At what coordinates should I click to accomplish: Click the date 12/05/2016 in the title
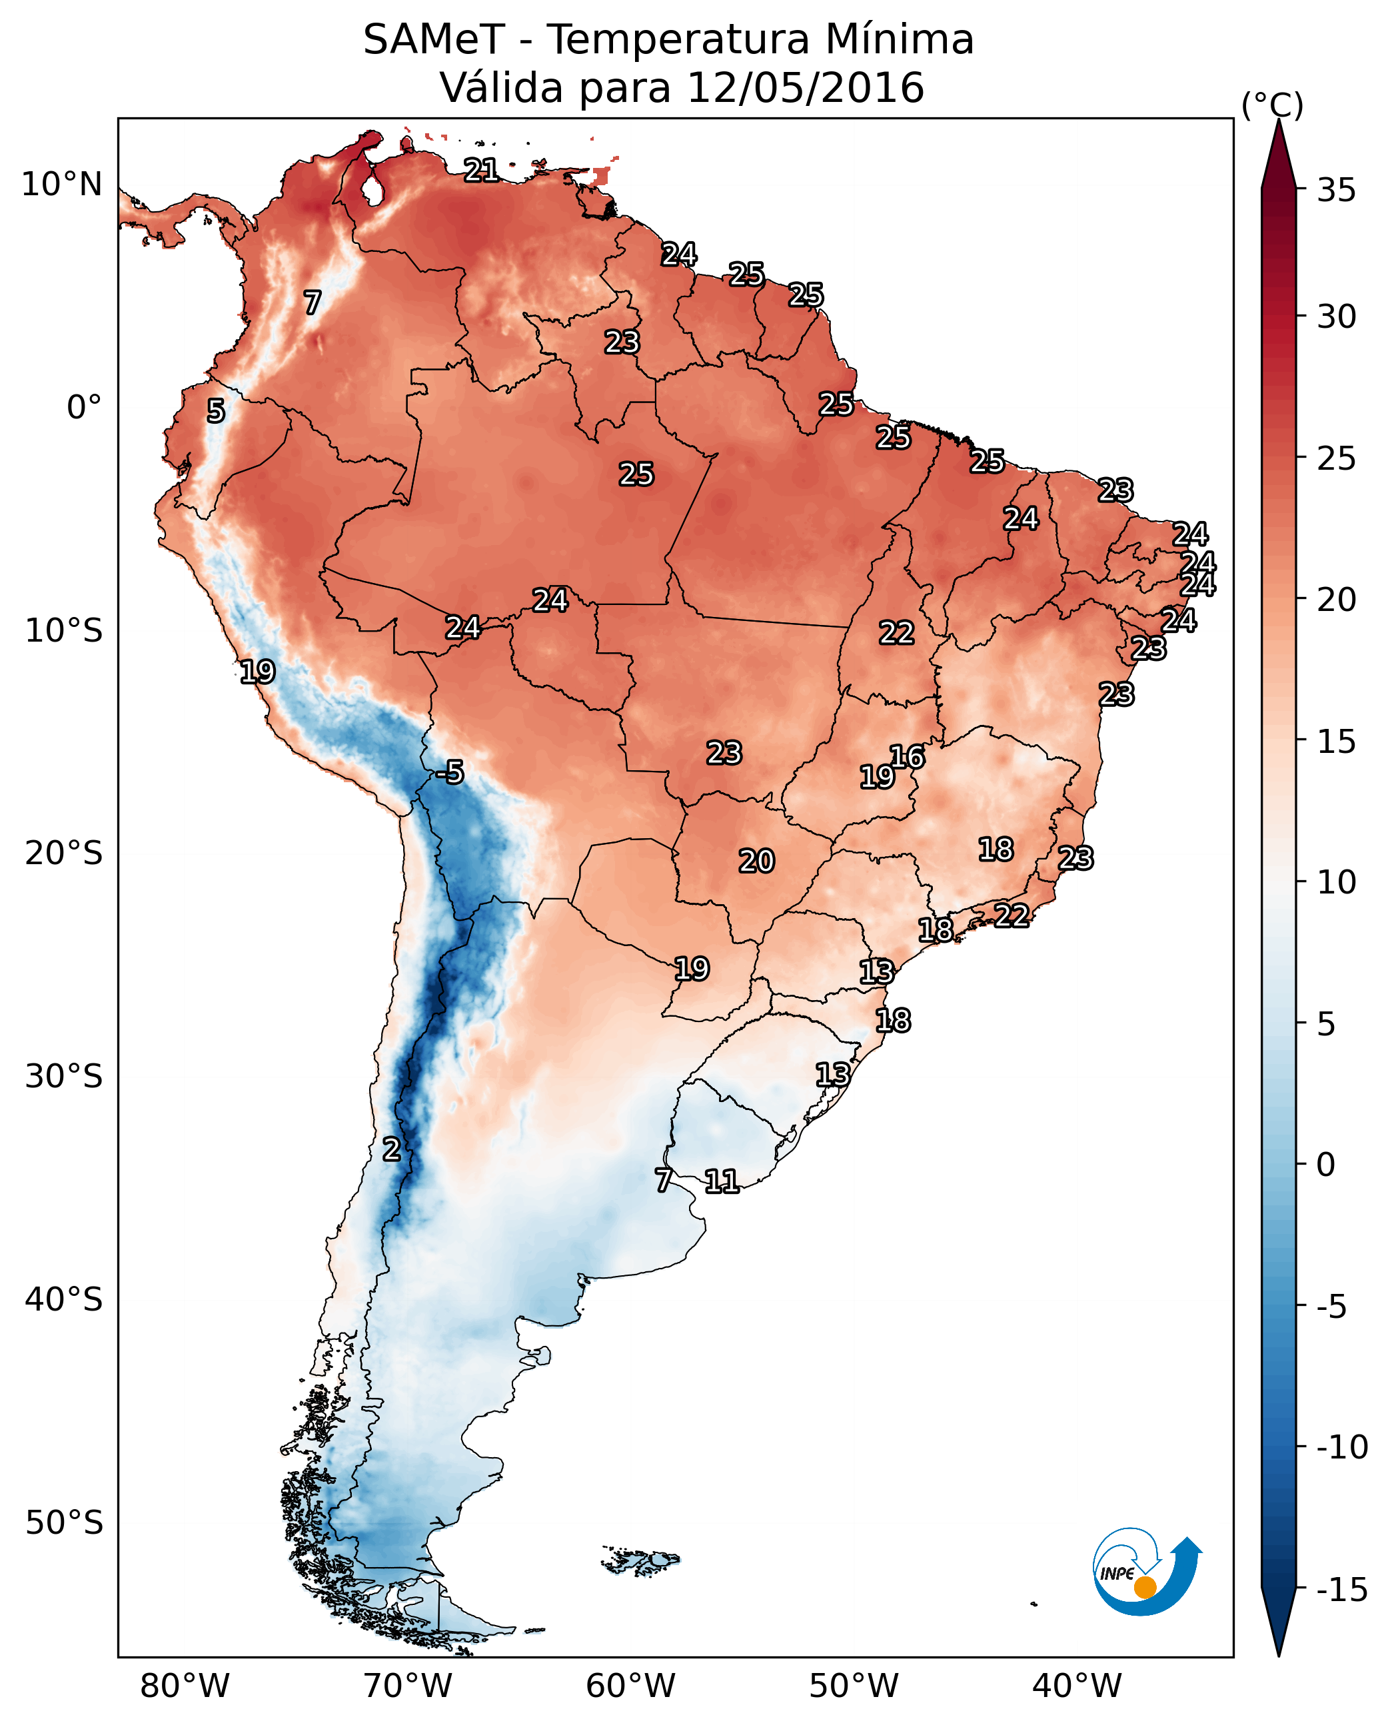806,88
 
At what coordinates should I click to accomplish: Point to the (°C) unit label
1272,105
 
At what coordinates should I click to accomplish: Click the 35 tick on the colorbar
1336,191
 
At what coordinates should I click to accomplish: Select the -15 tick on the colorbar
1341,1590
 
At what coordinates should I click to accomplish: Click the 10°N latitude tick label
62,185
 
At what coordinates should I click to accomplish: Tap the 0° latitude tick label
84,408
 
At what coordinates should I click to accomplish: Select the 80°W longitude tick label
185,1686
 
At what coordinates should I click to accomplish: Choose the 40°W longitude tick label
1077,1686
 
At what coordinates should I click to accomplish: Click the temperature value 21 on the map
481,170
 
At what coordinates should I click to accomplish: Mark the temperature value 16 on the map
907,757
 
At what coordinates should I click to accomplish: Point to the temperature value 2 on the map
390,1150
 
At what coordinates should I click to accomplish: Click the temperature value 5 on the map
215,412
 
